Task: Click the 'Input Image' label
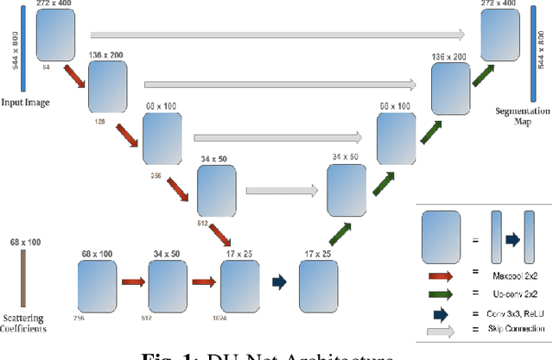pos(25,102)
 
